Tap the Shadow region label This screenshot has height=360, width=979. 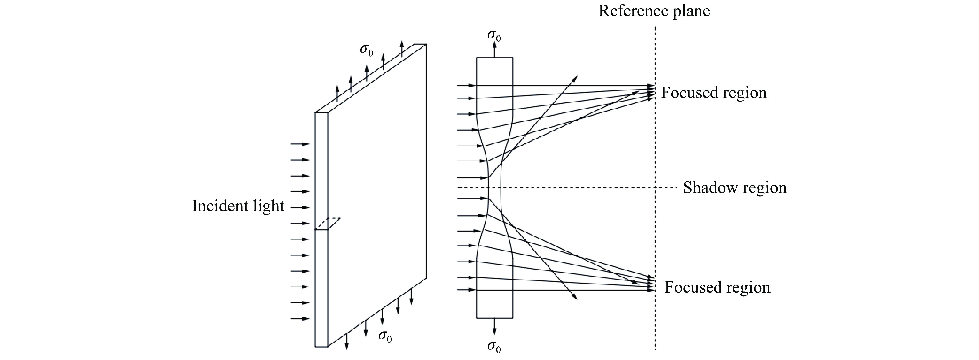(x=734, y=188)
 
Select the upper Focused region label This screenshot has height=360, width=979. (x=713, y=93)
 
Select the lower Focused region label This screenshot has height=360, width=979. (x=717, y=287)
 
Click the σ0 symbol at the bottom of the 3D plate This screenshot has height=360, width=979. (x=385, y=336)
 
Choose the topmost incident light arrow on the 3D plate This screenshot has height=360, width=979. (x=300, y=144)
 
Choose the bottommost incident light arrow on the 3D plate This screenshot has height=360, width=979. (x=300, y=319)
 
